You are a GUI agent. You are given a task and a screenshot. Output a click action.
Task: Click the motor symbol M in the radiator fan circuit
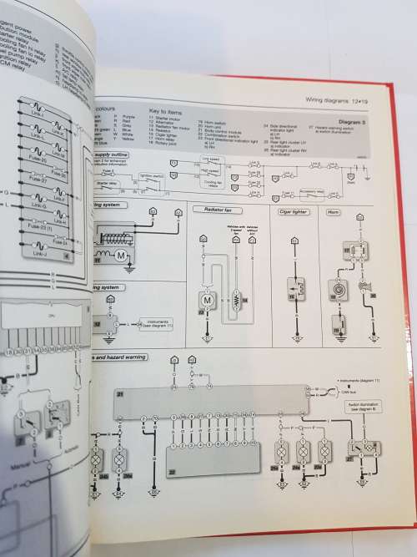203,298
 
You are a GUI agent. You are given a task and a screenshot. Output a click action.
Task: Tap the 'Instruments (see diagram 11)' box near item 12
158,322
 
